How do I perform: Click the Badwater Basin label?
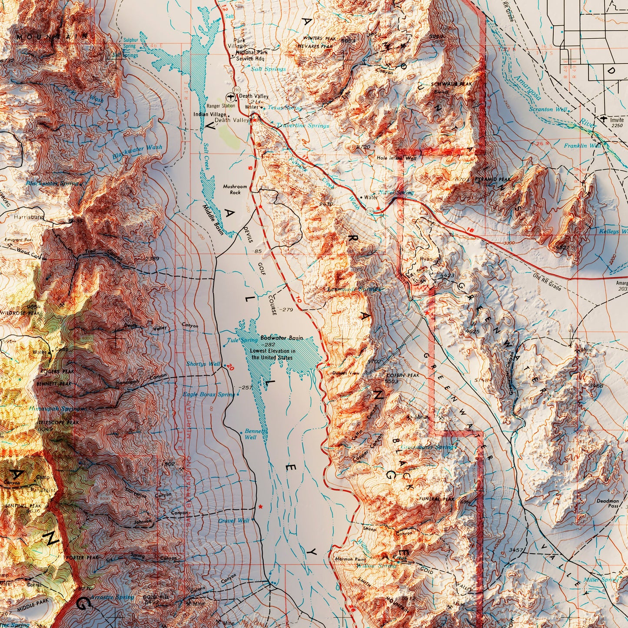coord(282,338)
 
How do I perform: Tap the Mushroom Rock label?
coord(235,189)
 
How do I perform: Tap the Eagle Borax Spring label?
coord(209,394)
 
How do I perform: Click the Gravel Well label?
coord(234,520)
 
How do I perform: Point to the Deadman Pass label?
coord(607,503)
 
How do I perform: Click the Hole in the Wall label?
coord(396,158)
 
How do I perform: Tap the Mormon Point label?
coord(350,559)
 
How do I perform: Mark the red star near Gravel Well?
coord(260,507)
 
